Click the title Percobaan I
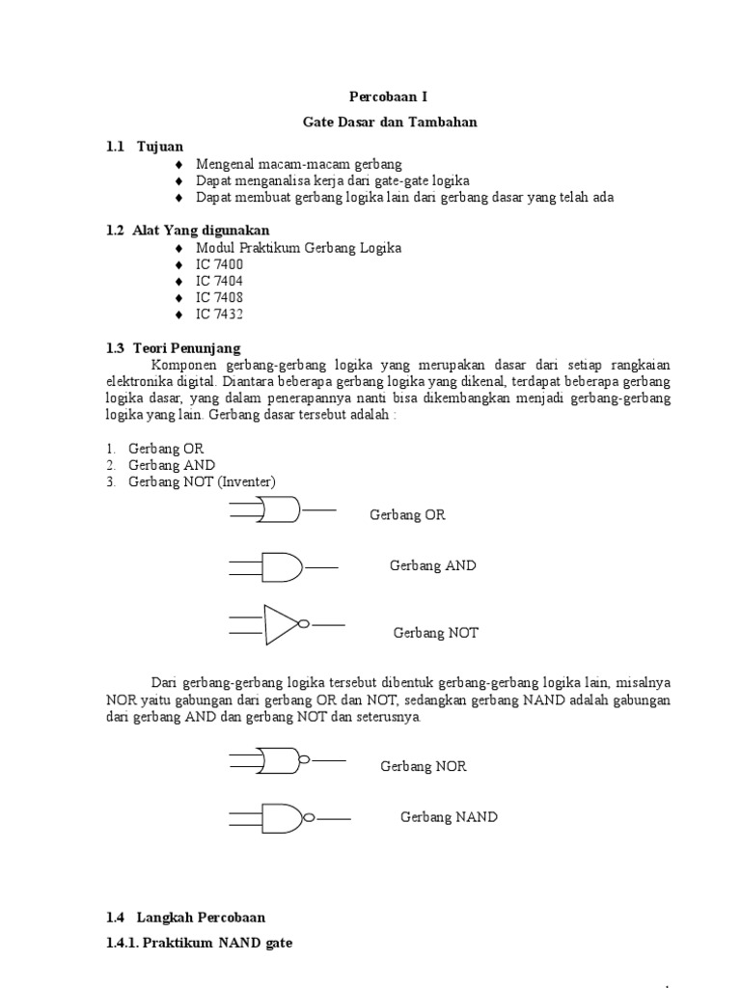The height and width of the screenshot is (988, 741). click(x=385, y=97)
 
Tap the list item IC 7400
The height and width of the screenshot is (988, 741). click(x=220, y=264)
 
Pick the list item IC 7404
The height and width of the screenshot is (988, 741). click(x=220, y=281)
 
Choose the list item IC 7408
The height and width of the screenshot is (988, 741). click(x=220, y=297)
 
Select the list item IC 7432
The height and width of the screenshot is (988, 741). click(x=220, y=315)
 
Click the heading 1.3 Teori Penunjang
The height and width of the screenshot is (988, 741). click(x=174, y=347)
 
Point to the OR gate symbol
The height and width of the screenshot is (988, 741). click(x=280, y=509)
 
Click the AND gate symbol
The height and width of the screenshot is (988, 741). click(x=281, y=567)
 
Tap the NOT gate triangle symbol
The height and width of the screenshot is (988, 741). click(x=283, y=624)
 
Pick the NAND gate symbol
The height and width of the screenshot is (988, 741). click(x=282, y=818)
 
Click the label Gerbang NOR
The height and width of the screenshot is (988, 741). click(x=424, y=766)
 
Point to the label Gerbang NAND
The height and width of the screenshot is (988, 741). click(x=449, y=817)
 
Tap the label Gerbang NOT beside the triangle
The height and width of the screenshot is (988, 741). click(x=435, y=633)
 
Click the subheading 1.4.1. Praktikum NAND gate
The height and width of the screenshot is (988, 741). click(x=199, y=943)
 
